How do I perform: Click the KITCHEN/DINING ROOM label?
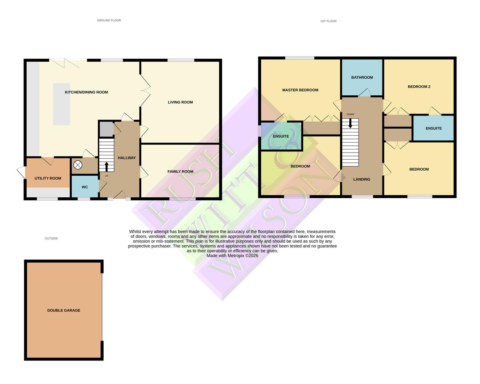click(86, 92)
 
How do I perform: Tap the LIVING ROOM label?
click(180, 102)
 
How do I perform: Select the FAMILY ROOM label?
click(180, 172)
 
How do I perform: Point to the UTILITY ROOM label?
click(48, 178)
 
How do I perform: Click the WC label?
click(85, 187)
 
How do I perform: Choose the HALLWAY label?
click(127, 158)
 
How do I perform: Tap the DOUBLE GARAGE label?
click(64, 311)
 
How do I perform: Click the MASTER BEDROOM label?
click(300, 90)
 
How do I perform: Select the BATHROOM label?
click(362, 78)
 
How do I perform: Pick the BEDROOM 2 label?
click(419, 87)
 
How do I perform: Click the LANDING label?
click(361, 180)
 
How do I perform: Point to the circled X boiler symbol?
click(78, 165)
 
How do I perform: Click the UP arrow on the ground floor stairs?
click(106, 166)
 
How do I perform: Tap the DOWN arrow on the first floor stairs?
click(350, 123)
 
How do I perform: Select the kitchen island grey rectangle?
click(62, 104)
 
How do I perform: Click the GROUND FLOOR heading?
click(109, 21)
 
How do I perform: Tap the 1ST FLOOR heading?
click(328, 21)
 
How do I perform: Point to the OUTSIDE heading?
click(51, 239)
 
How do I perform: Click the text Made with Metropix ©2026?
click(232, 256)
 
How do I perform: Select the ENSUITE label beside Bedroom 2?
click(433, 129)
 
